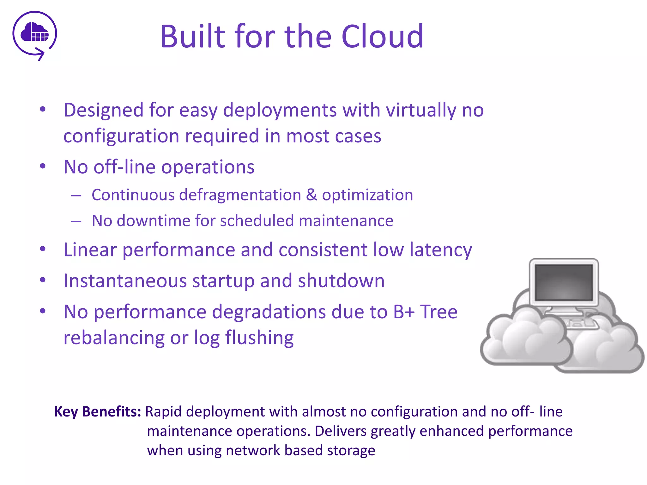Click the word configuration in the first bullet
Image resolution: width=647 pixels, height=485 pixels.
click(121, 136)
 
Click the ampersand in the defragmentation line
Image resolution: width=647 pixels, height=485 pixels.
click(311, 195)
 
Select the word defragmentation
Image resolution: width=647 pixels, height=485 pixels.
click(240, 195)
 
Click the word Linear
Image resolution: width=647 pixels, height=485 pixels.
click(90, 250)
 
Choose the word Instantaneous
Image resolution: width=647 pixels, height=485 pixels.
click(125, 281)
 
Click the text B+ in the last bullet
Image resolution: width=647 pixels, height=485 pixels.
click(403, 312)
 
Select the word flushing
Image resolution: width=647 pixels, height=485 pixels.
click(259, 338)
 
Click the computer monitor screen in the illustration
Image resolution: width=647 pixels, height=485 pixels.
click(564, 282)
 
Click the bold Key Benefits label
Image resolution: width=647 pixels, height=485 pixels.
click(98, 412)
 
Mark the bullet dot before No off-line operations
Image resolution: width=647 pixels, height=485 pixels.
click(43, 166)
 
